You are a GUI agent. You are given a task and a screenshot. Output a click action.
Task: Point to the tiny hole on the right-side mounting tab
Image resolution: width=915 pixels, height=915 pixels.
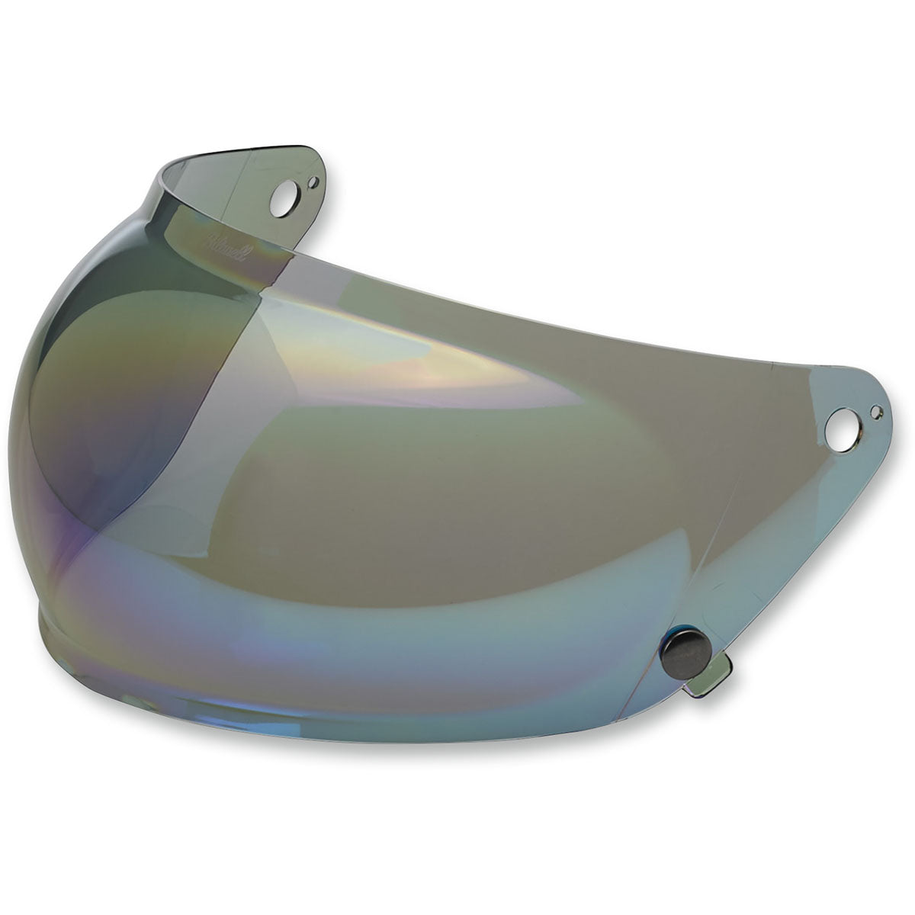[876, 413]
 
